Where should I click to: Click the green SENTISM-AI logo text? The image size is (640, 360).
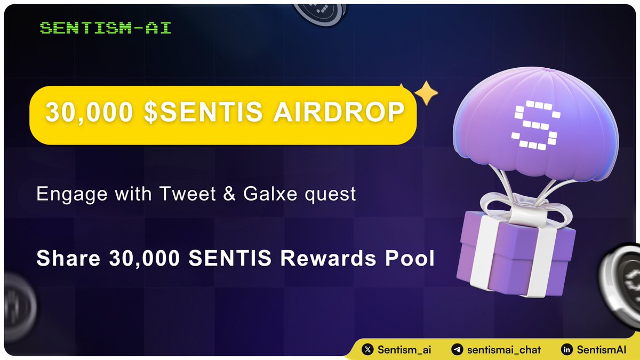click(x=106, y=28)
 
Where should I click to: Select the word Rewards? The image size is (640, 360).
click(x=335, y=259)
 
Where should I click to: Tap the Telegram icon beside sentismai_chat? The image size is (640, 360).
click(x=457, y=350)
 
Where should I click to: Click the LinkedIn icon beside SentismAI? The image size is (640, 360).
click(x=567, y=350)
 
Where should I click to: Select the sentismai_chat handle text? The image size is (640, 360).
click(x=503, y=350)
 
